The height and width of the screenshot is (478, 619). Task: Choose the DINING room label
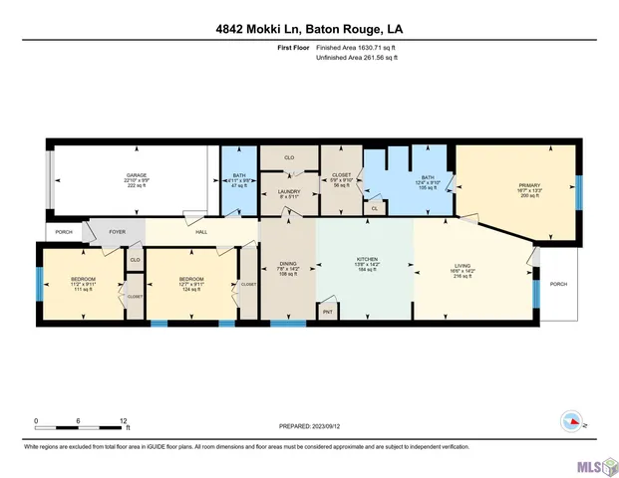coord(288,267)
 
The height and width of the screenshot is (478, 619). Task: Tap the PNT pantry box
coord(327,312)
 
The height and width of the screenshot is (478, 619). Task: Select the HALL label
coord(201,232)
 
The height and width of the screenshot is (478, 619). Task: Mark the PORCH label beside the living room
coord(558,284)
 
